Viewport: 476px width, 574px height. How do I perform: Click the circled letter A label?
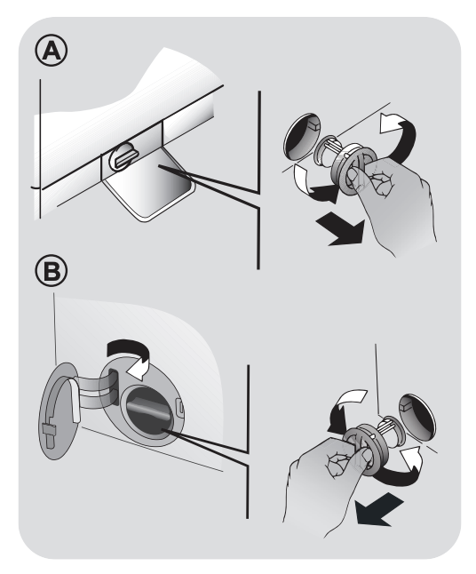click(52, 52)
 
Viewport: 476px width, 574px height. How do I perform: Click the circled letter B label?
click(52, 271)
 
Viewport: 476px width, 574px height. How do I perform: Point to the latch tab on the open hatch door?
click(49, 433)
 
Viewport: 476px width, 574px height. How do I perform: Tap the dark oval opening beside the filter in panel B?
click(417, 418)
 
